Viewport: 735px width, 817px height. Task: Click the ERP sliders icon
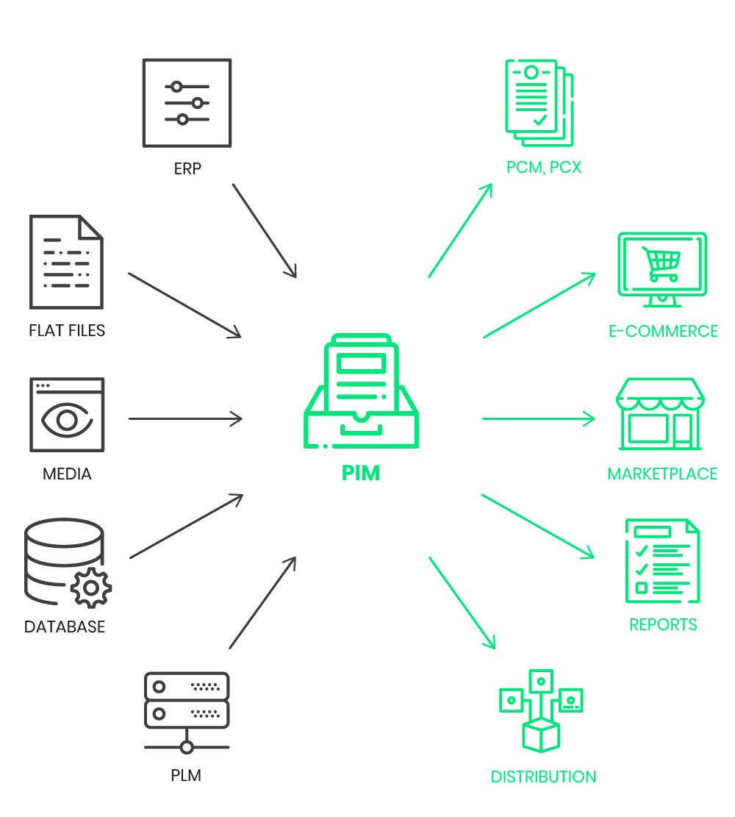tap(187, 102)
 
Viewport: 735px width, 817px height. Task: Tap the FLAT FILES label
tap(67, 330)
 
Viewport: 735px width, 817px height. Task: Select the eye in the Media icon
tap(67, 421)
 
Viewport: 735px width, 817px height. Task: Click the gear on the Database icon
tap(91, 588)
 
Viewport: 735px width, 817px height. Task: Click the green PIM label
tap(361, 473)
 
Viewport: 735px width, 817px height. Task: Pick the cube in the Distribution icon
tap(541, 734)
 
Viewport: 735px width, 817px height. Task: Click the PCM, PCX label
tap(544, 168)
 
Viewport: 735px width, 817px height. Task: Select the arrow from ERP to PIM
tap(265, 230)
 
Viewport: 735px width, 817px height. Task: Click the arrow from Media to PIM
tap(185, 419)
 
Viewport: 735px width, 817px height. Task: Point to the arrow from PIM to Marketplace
tap(539, 419)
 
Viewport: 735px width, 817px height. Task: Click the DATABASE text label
tap(65, 627)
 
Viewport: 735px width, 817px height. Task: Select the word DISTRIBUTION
tap(543, 777)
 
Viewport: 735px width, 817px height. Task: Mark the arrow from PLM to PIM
tap(262, 602)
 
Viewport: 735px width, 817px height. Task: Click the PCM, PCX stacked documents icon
tap(539, 103)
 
